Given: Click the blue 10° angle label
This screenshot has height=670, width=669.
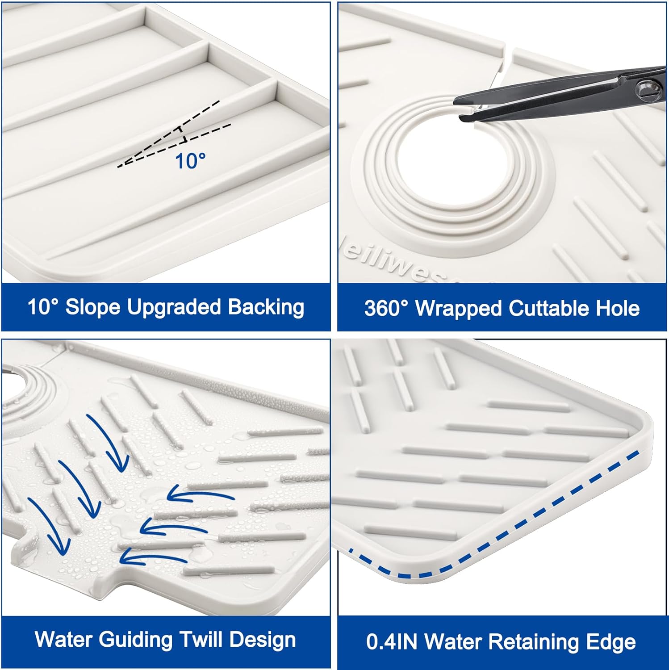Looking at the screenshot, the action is click(x=190, y=161).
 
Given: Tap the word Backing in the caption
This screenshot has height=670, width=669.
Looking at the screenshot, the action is click(x=266, y=308).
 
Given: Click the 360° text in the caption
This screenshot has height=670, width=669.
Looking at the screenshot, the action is click(x=387, y=308).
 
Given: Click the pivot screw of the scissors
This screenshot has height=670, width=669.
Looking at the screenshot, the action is click(x=647, y=88).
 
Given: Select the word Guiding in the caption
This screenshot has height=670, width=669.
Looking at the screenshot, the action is click(x=136, y=640).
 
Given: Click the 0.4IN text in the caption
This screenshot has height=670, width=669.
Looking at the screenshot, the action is click(x=392, y=642).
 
